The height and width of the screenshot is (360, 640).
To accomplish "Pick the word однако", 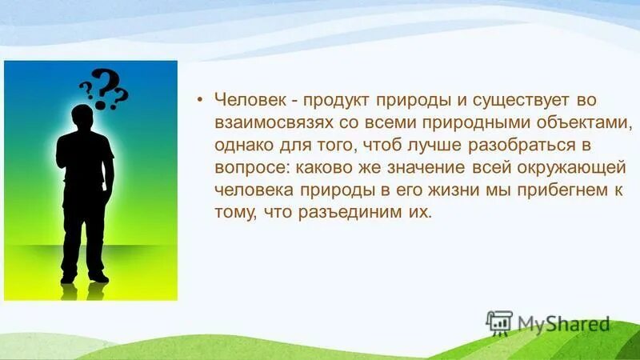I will [242, 147].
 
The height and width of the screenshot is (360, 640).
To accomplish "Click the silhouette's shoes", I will [84, 278].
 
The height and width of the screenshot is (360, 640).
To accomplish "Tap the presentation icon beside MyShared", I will [499, 322].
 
